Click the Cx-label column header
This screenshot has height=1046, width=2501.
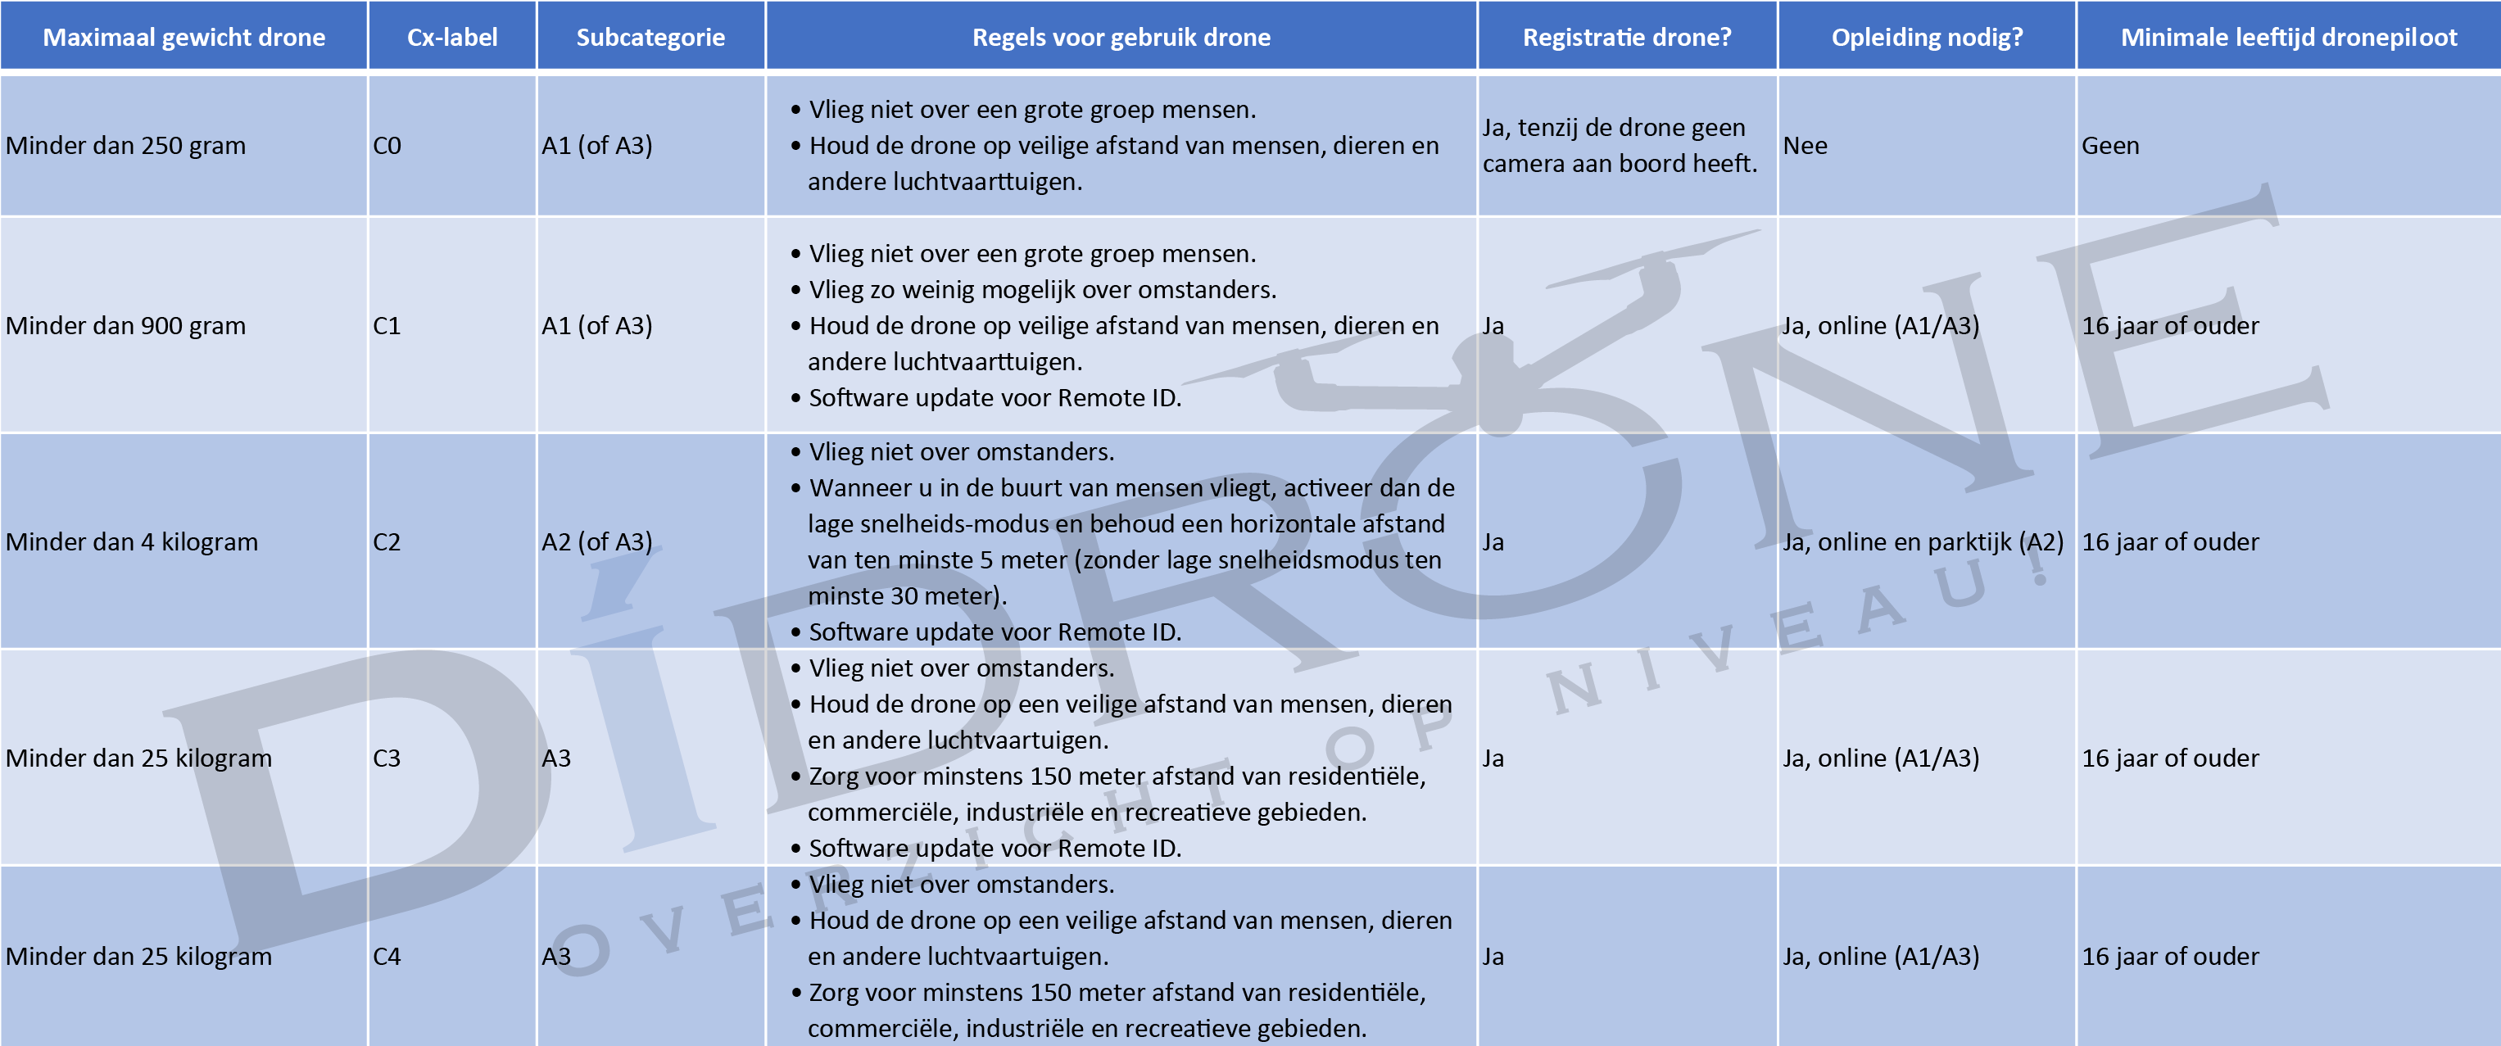point(451,37)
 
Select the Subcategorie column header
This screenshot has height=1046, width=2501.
point(650,37)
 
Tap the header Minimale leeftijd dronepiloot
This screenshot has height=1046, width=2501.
point(2287,37)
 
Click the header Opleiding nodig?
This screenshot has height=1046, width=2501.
point(1926,37)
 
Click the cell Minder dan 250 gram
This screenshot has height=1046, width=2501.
point(126,146)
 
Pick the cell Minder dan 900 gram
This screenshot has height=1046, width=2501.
point(126,325)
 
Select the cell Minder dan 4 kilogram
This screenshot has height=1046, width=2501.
point(132,542)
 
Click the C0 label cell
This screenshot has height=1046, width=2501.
point(387,146)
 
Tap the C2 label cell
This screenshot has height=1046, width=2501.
point(387,542)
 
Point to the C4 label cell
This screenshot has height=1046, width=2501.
point(387,957)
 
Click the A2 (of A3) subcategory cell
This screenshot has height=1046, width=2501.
point(596,542)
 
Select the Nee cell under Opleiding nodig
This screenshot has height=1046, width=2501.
point(1805,146)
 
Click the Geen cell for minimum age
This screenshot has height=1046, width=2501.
point(2109,146)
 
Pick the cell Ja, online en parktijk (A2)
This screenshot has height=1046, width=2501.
point(1923,542)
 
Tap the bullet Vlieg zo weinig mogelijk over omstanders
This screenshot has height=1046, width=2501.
point(1042,289)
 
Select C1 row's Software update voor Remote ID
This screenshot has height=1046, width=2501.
point(995,398)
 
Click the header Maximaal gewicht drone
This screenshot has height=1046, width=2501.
point(183,37)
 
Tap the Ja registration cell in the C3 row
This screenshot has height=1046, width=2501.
point(1493,758)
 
